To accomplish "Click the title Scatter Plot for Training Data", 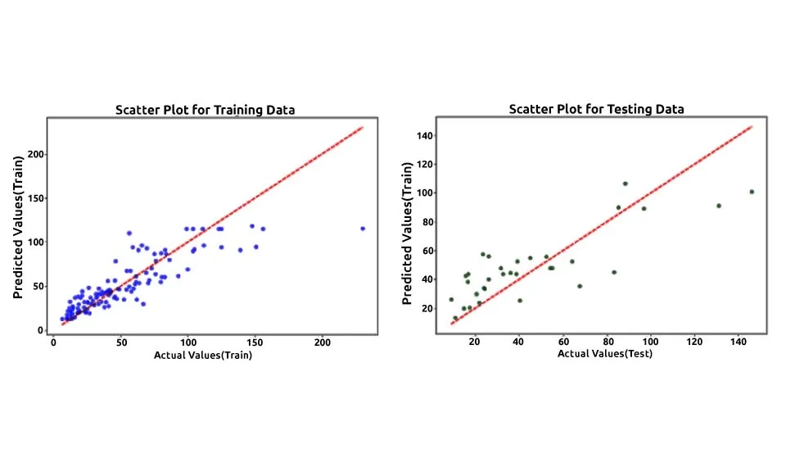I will tap(205, 109).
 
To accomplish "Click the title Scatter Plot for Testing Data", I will tap(596, 108).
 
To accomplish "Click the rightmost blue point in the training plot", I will tap(363, 229).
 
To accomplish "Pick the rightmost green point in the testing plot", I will tap(752, 192).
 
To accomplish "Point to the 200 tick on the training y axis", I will tap(36, 154).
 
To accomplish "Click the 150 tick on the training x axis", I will tap(255, 343).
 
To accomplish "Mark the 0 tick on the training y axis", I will tap(40, 330).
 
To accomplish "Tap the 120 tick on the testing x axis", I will tap(695, 342).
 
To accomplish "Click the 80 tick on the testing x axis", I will tap(607, 342).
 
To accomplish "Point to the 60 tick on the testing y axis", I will tap(427, 251).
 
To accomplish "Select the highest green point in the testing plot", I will tap(625, 184).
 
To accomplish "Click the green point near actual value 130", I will tap(719, 206).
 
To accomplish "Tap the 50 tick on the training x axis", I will tap(120, 343).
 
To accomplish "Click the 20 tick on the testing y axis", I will tap(427, 308).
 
